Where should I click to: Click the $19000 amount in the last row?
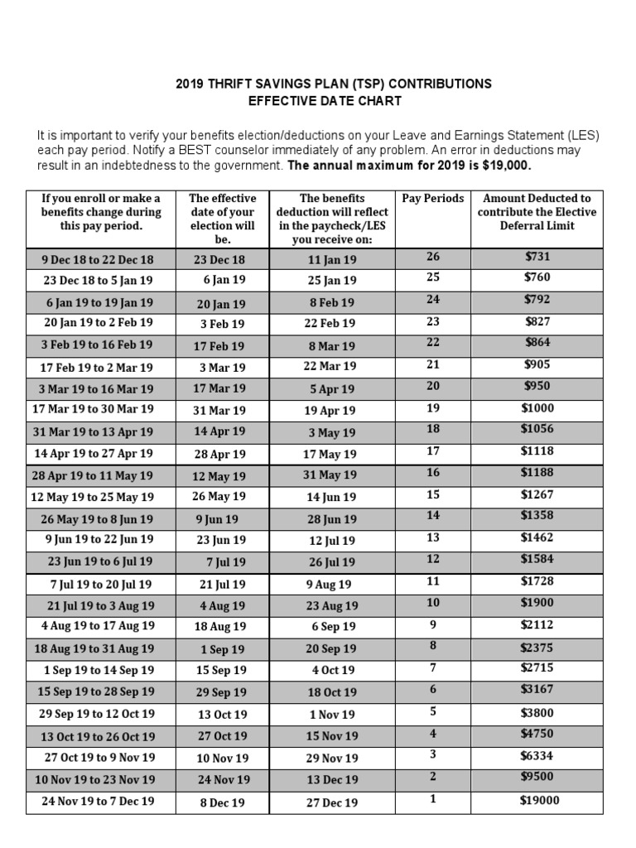click(539, 800)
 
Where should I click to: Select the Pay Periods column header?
click(433, 199)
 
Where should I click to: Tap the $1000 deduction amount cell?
click(537, 408)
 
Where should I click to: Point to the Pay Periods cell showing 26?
click(433, 257)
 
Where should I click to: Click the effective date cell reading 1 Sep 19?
click(223, 650)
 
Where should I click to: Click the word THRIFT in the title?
click(238, 84)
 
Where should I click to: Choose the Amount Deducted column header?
click(537, 212)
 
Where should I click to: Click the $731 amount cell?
click(537, 257)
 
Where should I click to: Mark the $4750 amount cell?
click(537, 733)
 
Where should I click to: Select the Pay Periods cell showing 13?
click(433, 538)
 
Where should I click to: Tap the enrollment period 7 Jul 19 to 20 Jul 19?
click(100, 584)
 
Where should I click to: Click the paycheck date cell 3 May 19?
click(331, 432)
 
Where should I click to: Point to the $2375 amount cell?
click(537, 647)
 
